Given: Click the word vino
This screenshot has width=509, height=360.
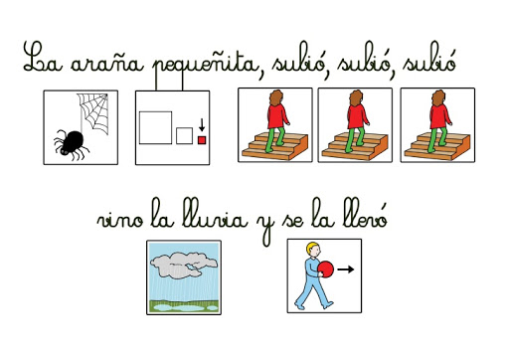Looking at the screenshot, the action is click(120, 220).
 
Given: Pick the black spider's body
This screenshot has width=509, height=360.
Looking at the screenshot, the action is click(73, 141).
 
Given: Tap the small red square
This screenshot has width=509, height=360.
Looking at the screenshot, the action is click(202, 140).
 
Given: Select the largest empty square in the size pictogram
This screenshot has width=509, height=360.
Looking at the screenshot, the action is click(155, 128).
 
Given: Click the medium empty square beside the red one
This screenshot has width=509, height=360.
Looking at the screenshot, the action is click(184, 136).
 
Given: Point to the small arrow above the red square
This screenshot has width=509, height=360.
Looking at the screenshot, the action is click(202, 125).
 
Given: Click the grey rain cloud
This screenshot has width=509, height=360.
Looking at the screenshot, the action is click(183, 265).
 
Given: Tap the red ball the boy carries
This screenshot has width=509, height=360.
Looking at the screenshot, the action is click(326, 269).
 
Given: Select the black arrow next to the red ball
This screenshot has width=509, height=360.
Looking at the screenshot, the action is click(346, 270).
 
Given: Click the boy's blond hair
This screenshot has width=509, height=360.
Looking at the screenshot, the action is click(312, 247).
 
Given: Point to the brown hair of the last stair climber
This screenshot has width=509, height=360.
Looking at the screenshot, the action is click(438, 98).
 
